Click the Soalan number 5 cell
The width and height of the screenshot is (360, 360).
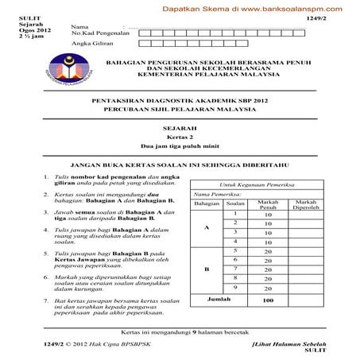coord(235,250)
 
